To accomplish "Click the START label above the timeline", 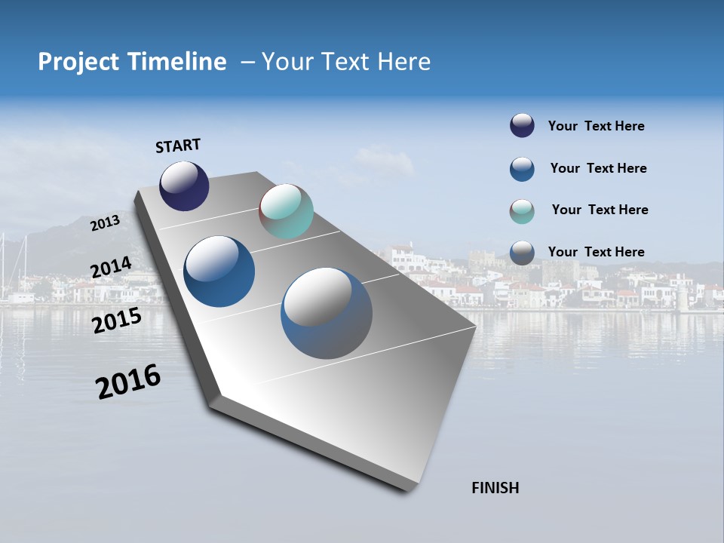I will pyautogui.click(x=178, y=146).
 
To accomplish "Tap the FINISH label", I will pyautogui.click(x=495, y=488).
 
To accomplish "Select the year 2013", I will pyautogui.click(x=106, y=223).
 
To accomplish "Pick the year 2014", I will pyautogui.click(x=111, y=268).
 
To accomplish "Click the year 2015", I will pyautogui.click(x=117, y=321).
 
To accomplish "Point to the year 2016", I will pyautogui.click(x=128, y=382).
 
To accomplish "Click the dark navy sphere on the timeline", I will pyautogui.click(x=184, y=186).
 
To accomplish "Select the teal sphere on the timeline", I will pyautogui.click(x=286, y=211).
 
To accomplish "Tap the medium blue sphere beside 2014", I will pyautogui.click(x=219, y=271).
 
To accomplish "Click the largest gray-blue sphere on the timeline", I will pyautogui.click(x=327, y=313).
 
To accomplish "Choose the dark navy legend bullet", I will pyautogui.click(x=522, y=126).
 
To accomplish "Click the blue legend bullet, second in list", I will pyautogui.click(x=522, y=169).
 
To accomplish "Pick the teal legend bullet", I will pyautogui.click(x=522, y=211).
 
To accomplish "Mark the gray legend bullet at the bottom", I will pyautogui.click(x=522, y=253).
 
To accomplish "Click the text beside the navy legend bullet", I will pyautogui.click(x=596, y=127).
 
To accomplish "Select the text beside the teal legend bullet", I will pyautogui.click(x=600, y=210).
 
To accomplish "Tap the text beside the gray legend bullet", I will pyautogui.click(x=596, y=252).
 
